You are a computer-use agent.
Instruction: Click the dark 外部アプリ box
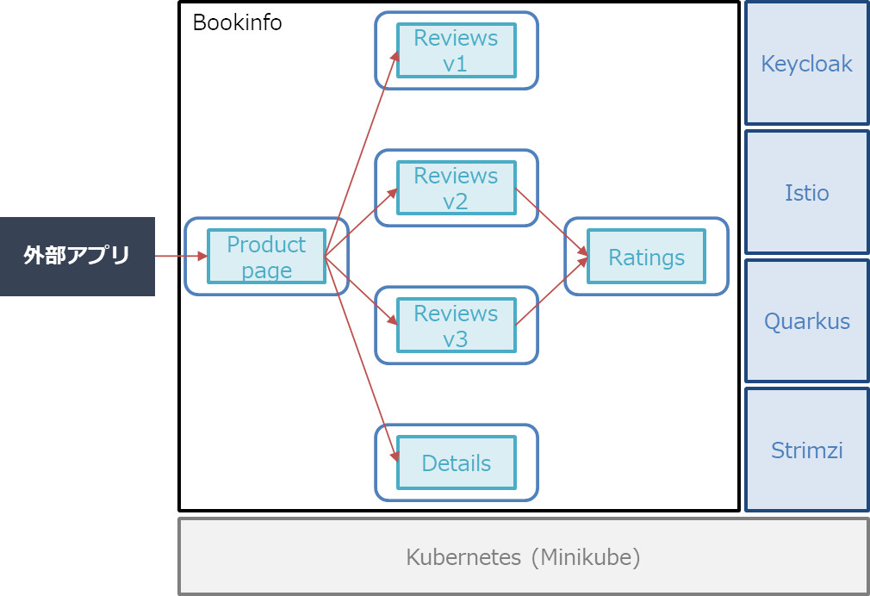tap(78, 257)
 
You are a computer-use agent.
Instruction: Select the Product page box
tap(266, 257)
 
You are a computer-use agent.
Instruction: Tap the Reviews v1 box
tap(456, 51)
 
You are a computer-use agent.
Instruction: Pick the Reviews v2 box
tap(456, 188)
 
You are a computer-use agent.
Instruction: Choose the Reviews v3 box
tap(456, 326)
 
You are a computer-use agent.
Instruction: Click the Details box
tap(456, 463)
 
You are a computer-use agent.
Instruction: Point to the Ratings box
tap(646, 257)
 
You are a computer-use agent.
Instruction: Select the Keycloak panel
tap(807, 63)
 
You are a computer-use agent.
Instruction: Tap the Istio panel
tap(807, 193)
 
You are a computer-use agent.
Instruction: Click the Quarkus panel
tap(807, 321)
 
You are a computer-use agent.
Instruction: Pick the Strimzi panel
tap(807, 450)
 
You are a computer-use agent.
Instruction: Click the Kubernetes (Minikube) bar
tap(523, 556)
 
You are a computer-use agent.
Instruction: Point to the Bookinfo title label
tap(237, 22)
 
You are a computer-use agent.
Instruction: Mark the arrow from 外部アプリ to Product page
tap(181, 257)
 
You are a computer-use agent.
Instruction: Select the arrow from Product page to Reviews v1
tap(362, 153)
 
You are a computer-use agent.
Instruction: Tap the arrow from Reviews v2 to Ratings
tap(551, 222)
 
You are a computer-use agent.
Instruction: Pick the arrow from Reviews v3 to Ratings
tap(551, 291)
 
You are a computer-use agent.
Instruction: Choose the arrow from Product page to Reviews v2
tap(361, 222)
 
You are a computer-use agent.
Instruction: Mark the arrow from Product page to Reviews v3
tap(361, 291)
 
